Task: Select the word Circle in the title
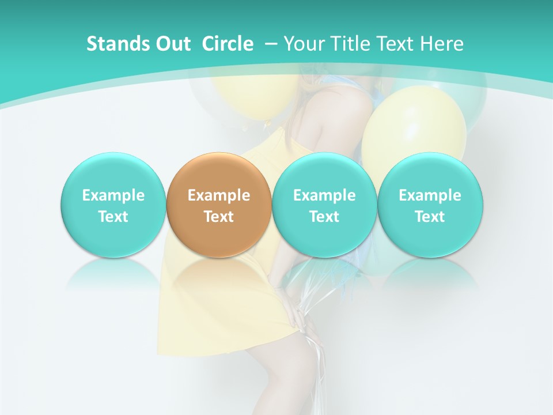[x=228, y=44]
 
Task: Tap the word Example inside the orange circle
[x=219, y=195]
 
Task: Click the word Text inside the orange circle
[x=219, y=217]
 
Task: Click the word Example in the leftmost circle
[x=113, y=195]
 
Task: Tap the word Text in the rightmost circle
[x=430, y=217]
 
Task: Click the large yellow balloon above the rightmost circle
[x=414, y=130]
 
